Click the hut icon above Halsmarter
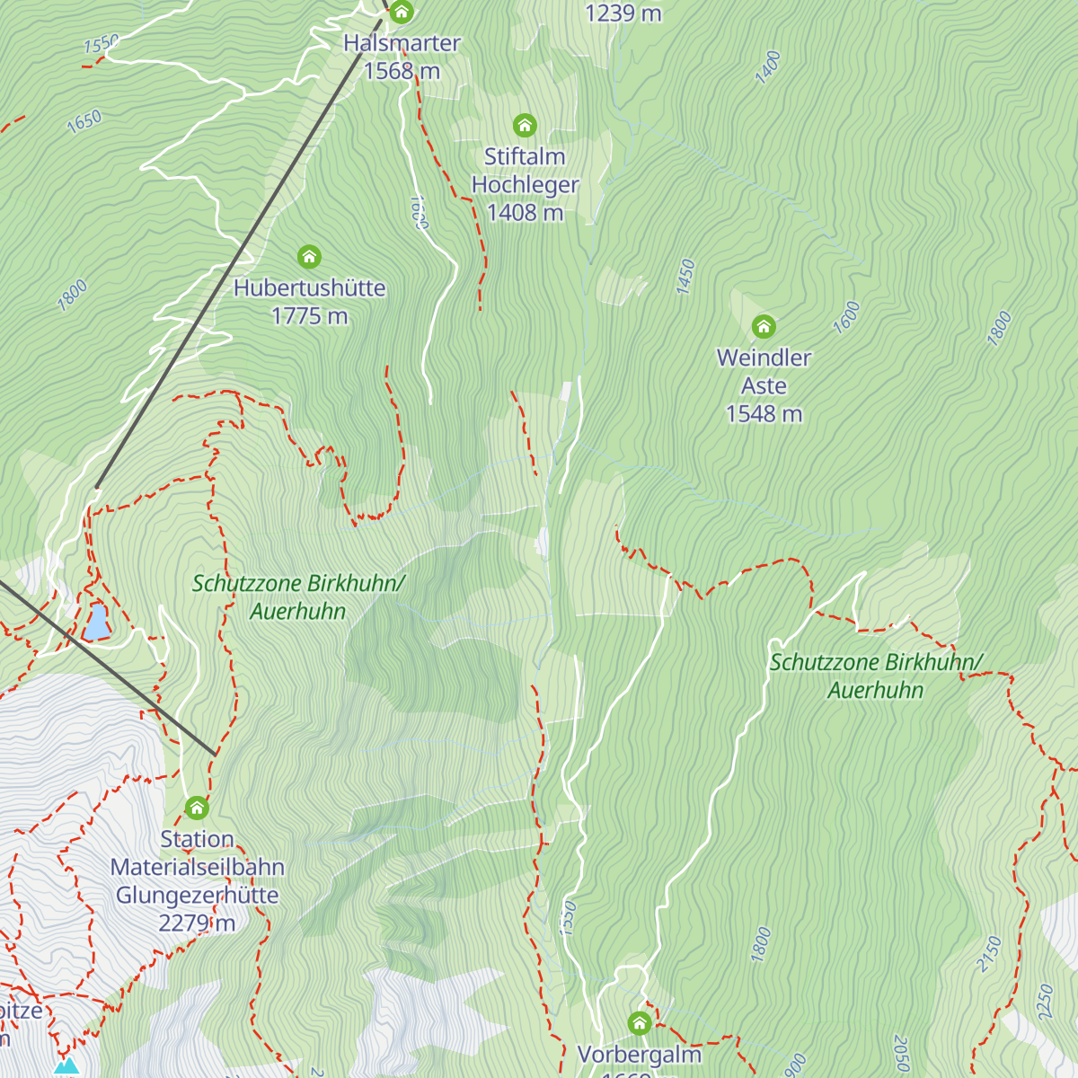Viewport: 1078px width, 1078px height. [x=402, y=13]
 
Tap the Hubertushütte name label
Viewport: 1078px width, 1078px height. [x=310, y=288]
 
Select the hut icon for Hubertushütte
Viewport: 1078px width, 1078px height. [x=309, y=258]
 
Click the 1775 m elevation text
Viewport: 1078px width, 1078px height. [x=310, y=316]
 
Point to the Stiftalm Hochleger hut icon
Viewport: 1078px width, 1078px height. [x=525, y=126]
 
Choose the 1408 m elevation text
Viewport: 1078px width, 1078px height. [x=526, y=213]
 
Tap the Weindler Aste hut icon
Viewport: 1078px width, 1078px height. [x=764, y=326]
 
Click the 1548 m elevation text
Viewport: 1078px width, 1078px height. [x=764, y=414]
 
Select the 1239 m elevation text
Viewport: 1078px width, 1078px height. [x=623, y=13]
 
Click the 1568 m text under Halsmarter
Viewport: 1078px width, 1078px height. [x=402, y=71]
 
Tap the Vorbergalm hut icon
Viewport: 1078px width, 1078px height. [x=640, y=1023]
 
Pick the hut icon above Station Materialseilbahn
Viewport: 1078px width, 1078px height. [x=197, y=808]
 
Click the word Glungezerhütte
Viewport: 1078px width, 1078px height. [x=197, y=896]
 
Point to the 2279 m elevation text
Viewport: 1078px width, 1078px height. [x=197, y=923]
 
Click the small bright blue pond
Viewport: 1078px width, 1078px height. [x=96, y=622]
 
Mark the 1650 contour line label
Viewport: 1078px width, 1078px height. [x=84, y=121]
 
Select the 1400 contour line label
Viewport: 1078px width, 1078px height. [x=768, y=68]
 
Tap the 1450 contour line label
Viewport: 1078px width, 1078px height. [x=685, y=277]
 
